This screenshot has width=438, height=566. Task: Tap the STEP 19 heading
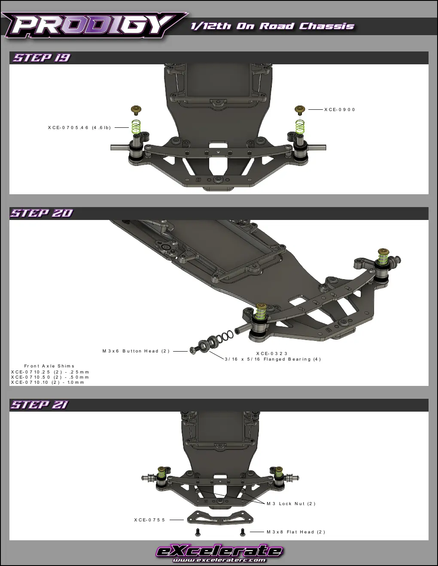click(42, 58)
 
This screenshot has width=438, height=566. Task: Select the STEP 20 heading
click(42, 214)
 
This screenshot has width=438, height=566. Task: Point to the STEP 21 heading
click(40, 405)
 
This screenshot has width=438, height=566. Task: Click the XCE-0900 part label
click(339, 110)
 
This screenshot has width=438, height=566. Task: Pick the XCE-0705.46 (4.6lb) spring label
click(79, 128)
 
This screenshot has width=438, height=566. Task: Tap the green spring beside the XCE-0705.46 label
click(136, 126)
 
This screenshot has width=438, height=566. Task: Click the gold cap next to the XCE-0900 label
click(300, 109)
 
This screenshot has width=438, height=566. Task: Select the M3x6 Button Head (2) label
click(136, 351)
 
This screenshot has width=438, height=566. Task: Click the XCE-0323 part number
click(271, 353)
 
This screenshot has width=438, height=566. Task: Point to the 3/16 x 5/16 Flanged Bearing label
click(273, 359)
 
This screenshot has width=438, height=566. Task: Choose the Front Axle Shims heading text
click(49, 366)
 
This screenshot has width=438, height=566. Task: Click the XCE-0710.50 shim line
click(50, 377)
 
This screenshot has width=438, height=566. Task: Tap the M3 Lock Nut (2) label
click(291, 504)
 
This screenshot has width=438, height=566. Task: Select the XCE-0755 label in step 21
click(149, 520)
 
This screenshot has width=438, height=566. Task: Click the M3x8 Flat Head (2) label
click(296, 532)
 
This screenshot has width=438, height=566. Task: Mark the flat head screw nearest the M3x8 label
click(243, 532)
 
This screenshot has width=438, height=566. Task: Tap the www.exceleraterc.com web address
click(219, 560)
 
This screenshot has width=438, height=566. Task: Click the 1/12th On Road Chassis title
click(272, 26)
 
